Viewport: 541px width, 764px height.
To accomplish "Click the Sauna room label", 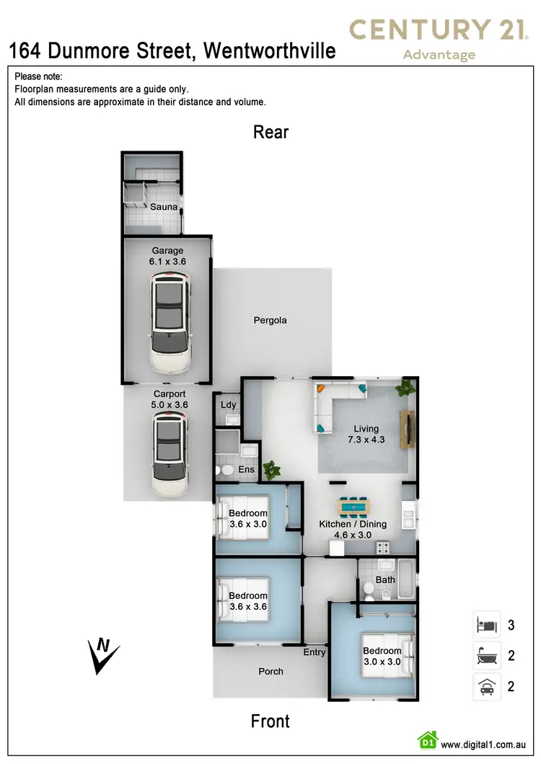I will click(x=163, y=207).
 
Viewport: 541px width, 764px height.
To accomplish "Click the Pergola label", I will click(x=270, y=320).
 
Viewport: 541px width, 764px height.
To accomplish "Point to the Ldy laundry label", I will click(x=228, y=404).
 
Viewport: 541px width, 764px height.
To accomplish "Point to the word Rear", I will click(x=270, y=132).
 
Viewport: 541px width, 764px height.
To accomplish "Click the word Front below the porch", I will click(x=270, y=721).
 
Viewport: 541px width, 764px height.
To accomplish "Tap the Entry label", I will click(x=315, y=652).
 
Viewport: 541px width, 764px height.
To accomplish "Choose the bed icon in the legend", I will click(x=485, y=624).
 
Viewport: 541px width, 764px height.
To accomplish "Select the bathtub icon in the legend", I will click(x=485, y=655).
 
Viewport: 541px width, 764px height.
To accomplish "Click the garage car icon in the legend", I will click(x=485, y=686).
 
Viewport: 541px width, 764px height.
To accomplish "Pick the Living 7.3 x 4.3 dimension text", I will click(x=366, y=434).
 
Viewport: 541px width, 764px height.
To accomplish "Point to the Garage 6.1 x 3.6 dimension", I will click(x=168, y=257).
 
